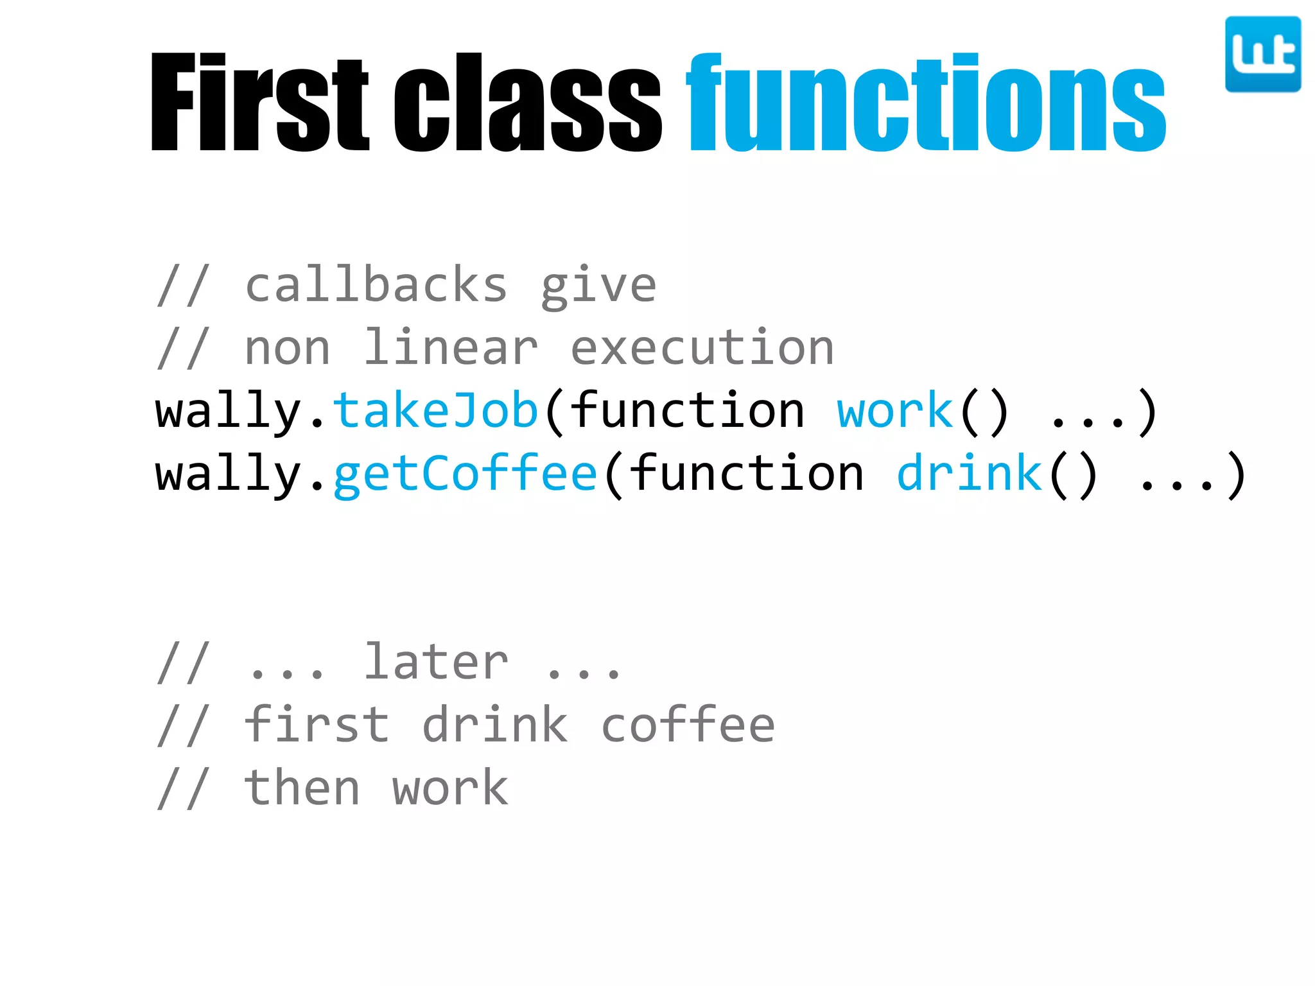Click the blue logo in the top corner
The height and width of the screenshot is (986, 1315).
(1262, 55)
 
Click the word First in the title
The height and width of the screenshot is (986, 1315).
(259, 103)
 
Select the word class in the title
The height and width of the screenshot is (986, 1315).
(527, 103)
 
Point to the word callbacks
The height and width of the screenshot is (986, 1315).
(376, 285)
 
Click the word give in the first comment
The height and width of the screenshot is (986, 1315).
(598, 286)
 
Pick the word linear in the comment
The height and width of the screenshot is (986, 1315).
(451, 348)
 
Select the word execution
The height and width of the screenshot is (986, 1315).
(702, 348)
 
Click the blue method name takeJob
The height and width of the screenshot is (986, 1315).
(435, 411)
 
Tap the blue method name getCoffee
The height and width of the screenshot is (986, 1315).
(465, 474)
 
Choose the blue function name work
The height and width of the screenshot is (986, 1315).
(895, 411)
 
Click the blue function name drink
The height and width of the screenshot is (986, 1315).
(970, 473)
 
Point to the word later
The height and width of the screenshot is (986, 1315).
(436, 662)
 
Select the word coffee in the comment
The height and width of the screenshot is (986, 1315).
(688, 725)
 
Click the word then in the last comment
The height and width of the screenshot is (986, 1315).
(302, 788)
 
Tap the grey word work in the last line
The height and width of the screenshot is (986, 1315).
(450, 789)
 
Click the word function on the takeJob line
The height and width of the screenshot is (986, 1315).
(687, 411)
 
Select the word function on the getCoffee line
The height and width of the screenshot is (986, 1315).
(746, 473)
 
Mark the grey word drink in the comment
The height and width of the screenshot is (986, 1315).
(495, 725)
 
